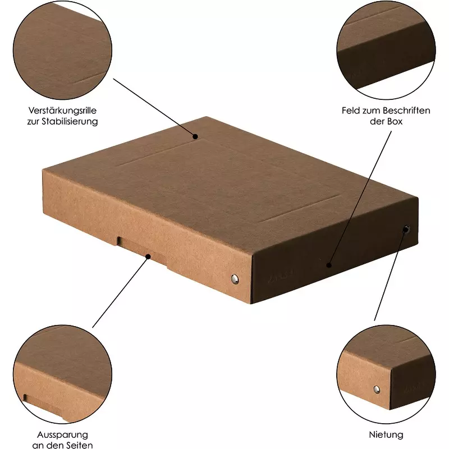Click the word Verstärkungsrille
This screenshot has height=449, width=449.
coord(62,110)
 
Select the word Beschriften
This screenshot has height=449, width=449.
coord(406,110)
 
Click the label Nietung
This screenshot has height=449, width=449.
coord(386,434)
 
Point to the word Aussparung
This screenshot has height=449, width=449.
coord(62,434)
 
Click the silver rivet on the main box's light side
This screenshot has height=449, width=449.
coord(235,278)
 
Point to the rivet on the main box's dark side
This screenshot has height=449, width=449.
coord(406,230)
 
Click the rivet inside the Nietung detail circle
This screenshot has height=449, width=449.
coord(377,389)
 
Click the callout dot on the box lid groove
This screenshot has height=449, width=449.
coord(195,136)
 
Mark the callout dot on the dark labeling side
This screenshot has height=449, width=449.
coord(329,265)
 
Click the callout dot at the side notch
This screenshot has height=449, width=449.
coord(148,256)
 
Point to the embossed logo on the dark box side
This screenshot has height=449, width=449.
coord(278,276)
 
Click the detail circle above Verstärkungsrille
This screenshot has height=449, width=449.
coord(62,51)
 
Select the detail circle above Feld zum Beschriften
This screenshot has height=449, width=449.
coord(386,51)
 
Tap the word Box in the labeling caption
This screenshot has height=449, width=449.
coord(396,121)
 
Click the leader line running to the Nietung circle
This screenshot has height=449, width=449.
coord(390,275)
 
